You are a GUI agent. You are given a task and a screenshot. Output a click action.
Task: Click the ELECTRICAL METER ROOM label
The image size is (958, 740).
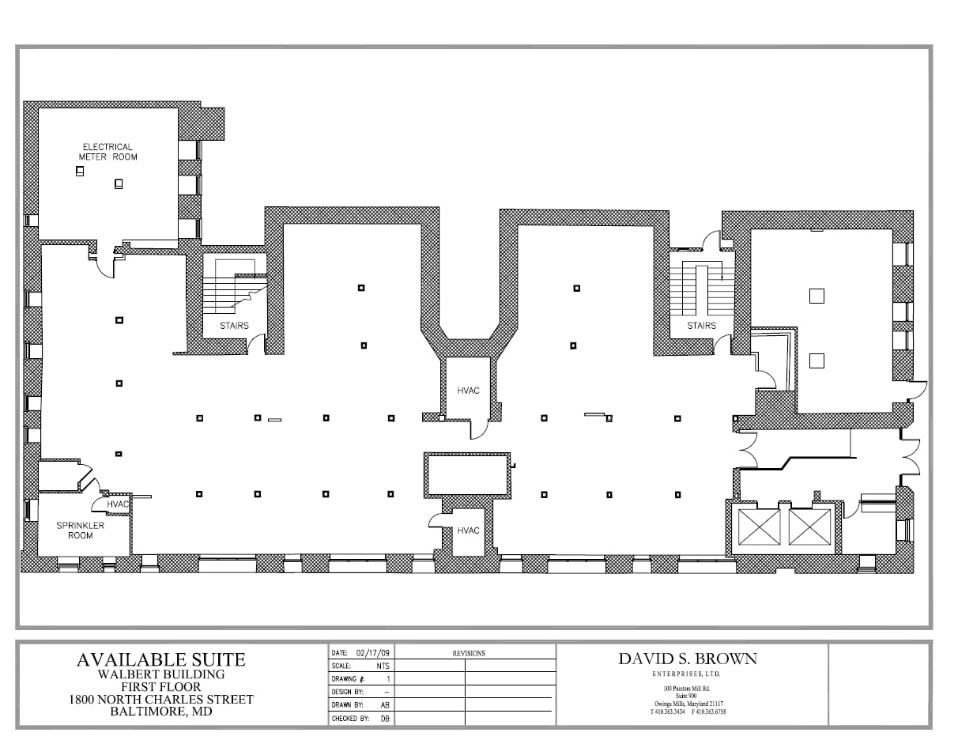click(107, 152)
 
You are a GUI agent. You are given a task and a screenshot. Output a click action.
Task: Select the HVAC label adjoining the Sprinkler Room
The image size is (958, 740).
click(118, 504)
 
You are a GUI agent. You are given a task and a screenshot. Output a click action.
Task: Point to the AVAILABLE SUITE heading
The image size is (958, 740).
click(160, 659)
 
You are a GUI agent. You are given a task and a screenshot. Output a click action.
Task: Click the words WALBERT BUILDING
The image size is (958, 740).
click(160, 674)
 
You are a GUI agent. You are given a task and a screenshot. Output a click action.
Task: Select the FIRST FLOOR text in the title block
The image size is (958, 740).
click(160, 687)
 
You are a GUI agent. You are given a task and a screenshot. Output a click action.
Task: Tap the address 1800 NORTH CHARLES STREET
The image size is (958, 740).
click(160, 700)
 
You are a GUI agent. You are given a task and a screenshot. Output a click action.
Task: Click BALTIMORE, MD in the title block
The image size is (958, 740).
click(160, 712)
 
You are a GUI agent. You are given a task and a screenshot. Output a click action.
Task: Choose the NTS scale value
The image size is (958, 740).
click(383, 666)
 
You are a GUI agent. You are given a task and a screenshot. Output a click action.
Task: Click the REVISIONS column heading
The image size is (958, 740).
click(469, 653)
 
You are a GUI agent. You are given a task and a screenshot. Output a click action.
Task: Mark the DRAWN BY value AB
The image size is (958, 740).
click(385, 704)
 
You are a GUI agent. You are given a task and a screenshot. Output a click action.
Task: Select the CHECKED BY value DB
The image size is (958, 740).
click(385, 718)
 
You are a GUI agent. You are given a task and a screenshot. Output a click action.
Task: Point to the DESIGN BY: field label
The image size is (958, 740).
click(347, 692)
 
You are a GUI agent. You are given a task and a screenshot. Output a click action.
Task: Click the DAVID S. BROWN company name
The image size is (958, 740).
click(687, 659)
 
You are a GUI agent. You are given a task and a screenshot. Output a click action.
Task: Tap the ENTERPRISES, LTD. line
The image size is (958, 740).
click(686, 674)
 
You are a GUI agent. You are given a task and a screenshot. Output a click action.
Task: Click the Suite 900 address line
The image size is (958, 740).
click(686, 696)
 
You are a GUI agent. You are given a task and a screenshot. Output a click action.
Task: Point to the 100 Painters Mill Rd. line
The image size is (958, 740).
click(686, 689)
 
